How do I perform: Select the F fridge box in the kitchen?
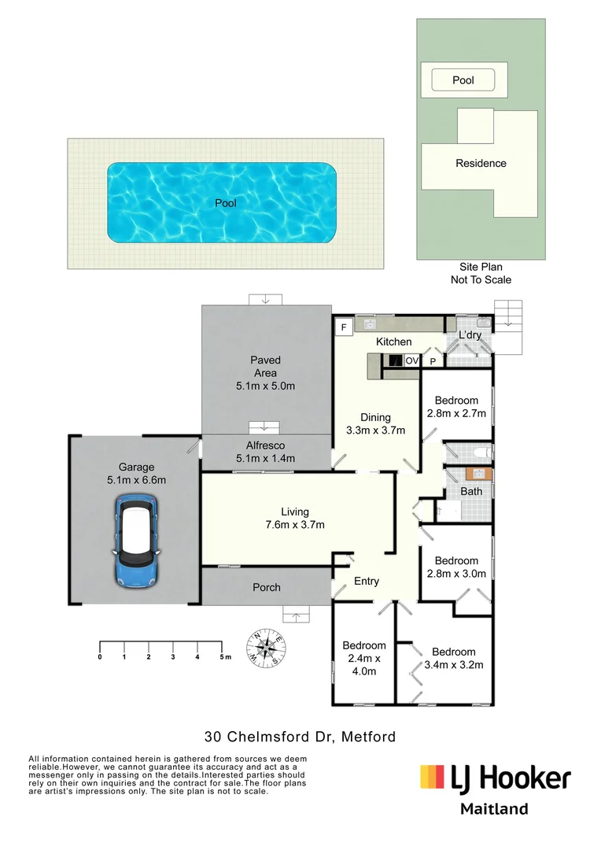pos(343,327)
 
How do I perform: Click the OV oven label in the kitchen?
pos(412,361)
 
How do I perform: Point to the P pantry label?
pos(432,361)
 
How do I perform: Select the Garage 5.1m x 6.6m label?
pos(137,473)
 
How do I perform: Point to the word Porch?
pos(266,587)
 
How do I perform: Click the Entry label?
pos(367,582)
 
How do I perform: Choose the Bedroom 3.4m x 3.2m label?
pos(453,658)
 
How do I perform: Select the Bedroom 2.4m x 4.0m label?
pos(364,659)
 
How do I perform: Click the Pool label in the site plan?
pos(463,80)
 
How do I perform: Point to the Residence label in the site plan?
pos(481,164)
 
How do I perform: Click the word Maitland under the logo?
pos(493,809)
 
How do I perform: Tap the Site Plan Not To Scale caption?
pos(481,273)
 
